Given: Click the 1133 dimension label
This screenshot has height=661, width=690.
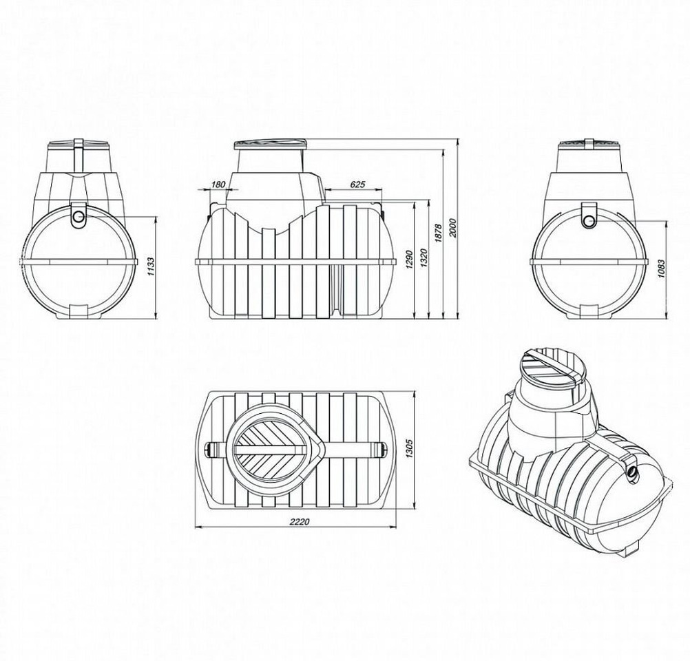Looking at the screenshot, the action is click(x=151, y=266).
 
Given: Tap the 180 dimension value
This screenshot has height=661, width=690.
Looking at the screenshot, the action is click(x=218, y=185).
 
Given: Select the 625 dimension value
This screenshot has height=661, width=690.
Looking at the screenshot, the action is click(x=357, y=185).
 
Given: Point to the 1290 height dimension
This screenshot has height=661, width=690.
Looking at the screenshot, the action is click(x=409, y=260).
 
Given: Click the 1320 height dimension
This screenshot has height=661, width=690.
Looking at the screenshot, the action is click(x=424, y=259).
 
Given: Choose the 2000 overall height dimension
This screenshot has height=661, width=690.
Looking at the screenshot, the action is click(x=453, y=227).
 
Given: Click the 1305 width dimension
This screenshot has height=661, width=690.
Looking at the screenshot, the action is click(x=409, y=448).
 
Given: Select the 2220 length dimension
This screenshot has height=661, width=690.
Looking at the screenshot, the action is click(x=300, y=521).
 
